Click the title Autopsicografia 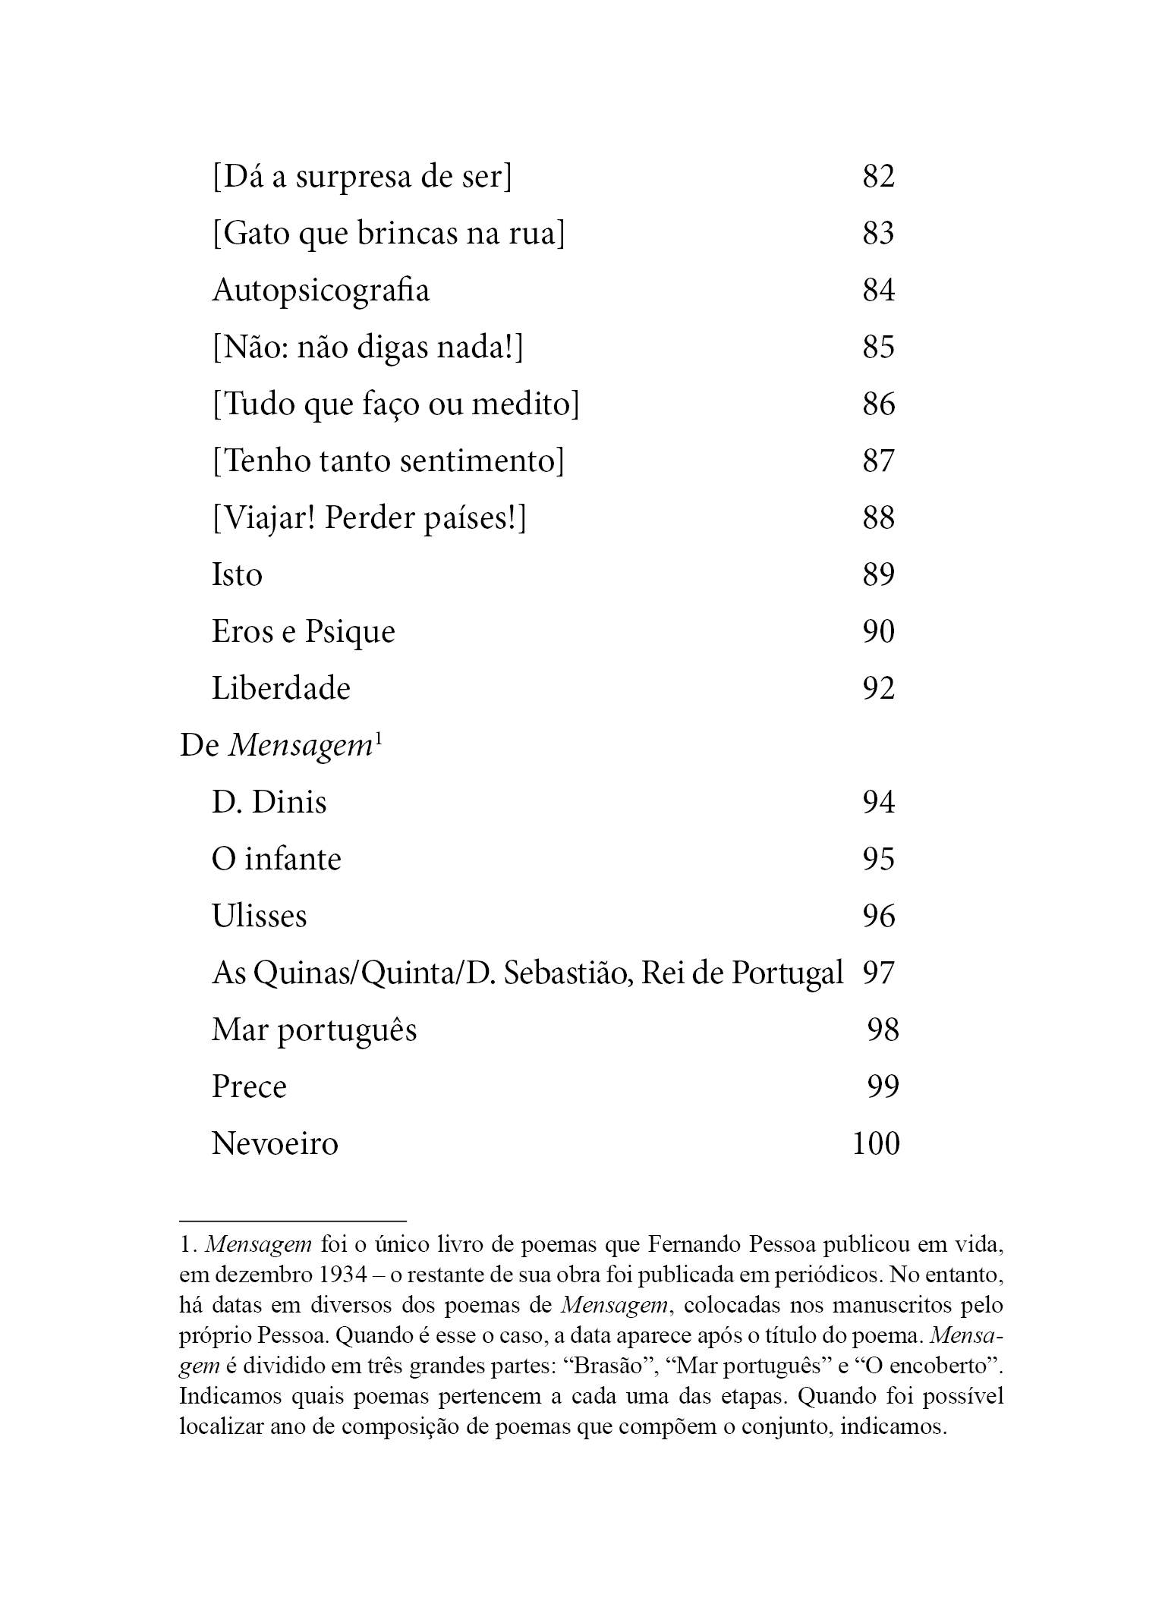(x=320, y=291)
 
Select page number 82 (x=878, y=176)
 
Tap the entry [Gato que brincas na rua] (x=388, y=234)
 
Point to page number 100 (x=875, y=1143)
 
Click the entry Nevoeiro (x=274, y=1143)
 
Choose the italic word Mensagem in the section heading (x=298, y=747)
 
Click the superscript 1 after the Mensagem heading (x=377, y=740)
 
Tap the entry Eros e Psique (x=303, y=632)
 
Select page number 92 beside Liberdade (x=878, y=689)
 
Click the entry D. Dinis (x=269, y=803)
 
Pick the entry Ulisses (x=259, y=917)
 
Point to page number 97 (x=878, y=973)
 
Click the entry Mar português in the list (x=314, y=1030)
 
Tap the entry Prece (x=249, y=1087)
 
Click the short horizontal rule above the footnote (x=293, y=1221)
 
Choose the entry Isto (x=237, y=575)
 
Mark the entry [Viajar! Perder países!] (x=369, y=518)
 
